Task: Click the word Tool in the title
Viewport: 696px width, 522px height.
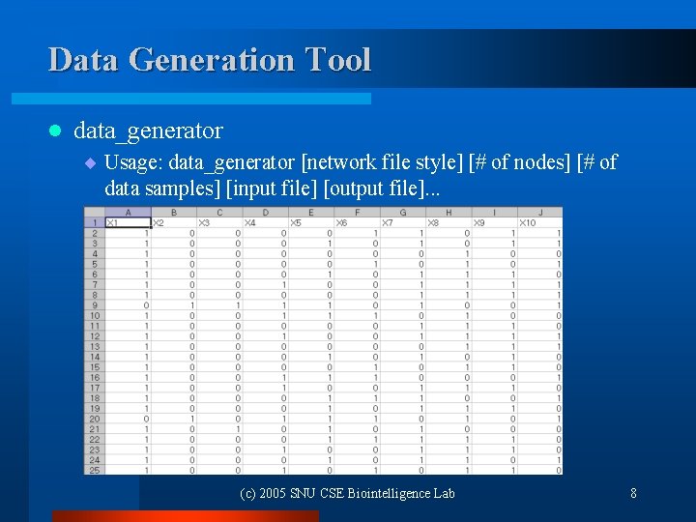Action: [337, 60]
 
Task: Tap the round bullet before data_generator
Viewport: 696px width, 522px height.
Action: [55, 130]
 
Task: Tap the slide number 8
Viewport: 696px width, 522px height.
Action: [633, 493]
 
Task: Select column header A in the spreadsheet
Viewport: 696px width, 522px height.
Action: [128, 213]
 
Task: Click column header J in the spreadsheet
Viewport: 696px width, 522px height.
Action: [539, 213]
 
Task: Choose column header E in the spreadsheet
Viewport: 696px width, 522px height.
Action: [310, 213]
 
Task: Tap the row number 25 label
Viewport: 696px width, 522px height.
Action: [94, 470]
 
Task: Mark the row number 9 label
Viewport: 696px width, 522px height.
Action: [94, 304]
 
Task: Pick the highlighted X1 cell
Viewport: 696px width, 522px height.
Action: [127, 223]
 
